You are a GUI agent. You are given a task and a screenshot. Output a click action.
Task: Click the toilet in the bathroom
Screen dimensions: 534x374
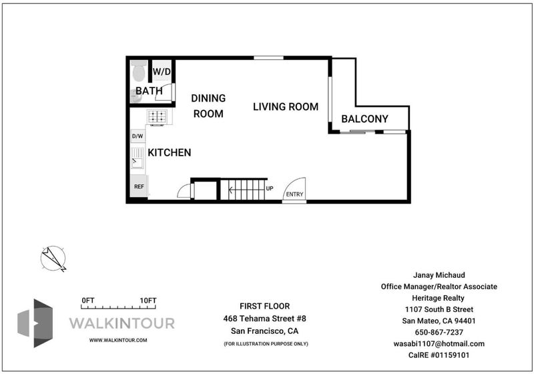tap(139, 71)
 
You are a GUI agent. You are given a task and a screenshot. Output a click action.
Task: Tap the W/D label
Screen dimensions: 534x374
tap(162, 71)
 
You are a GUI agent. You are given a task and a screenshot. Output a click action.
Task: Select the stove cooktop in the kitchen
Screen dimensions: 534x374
tap(158, 117)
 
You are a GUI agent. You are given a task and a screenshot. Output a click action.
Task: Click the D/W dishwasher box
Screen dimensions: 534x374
tap(138, 136)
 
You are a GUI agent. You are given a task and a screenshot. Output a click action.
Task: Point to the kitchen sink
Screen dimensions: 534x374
tap(138, 158)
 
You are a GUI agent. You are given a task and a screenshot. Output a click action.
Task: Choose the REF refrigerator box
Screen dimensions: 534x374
tap(139, 186)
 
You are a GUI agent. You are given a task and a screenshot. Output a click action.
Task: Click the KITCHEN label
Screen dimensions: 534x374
tap(170, 152)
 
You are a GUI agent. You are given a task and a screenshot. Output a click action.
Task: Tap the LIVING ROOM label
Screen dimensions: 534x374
tap(286, 107)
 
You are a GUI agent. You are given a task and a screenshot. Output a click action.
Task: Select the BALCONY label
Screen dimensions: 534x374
tap(364, 119)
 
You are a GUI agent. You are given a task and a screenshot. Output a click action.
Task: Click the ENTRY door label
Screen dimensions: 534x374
tap(294, 194)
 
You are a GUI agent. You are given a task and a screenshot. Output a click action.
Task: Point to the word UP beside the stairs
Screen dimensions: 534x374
tap(270, 188)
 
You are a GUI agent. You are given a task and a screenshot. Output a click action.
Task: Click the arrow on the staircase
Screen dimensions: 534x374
tap(246, 190)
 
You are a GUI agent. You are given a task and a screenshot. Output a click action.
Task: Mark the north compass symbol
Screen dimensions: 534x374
tap(53, 258)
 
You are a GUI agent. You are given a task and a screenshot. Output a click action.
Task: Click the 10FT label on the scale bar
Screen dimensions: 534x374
tap(148, 301)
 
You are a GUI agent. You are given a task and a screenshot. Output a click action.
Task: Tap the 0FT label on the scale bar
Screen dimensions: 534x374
tap(88, 301)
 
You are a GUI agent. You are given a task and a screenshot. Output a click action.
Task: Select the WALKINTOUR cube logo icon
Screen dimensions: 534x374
tap(35, 323)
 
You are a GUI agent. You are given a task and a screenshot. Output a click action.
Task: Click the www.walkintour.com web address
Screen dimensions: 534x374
tap(118, 340)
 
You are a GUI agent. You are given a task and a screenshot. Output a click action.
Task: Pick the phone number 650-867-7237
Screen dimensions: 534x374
tap(439, 332)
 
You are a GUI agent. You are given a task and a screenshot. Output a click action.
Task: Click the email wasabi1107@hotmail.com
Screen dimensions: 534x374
tap(439, 344)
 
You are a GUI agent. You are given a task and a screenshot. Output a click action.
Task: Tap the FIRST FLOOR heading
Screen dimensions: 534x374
tap(264, 306)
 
